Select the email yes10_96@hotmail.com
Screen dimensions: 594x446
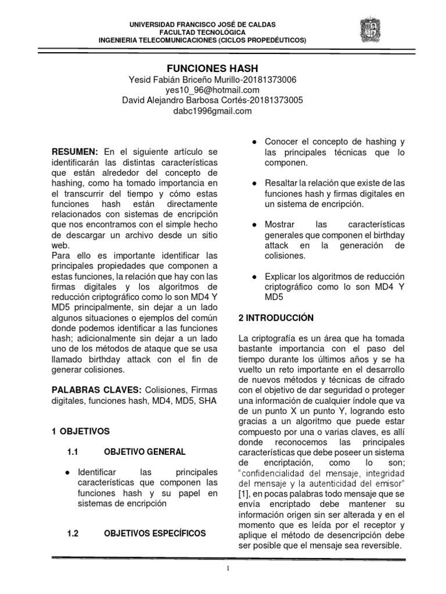[x=212, y=90]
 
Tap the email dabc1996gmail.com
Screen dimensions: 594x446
[x=213, y=111]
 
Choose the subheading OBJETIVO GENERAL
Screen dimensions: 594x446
[x=145, y=451]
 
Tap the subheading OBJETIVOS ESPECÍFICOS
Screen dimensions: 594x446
[x=154, y=533]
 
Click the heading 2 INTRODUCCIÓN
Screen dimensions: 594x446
[x=276, y=318]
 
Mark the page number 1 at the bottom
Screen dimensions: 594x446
[x=229, y=568]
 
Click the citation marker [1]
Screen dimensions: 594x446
[x=244, y=493]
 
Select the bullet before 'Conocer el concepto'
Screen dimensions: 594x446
[x=254, y=142]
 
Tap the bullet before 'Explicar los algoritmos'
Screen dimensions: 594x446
[x=254, y=276]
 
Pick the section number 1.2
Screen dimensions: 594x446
[x=73, y=533]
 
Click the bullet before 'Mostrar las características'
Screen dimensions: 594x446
[x=254, y=224]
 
